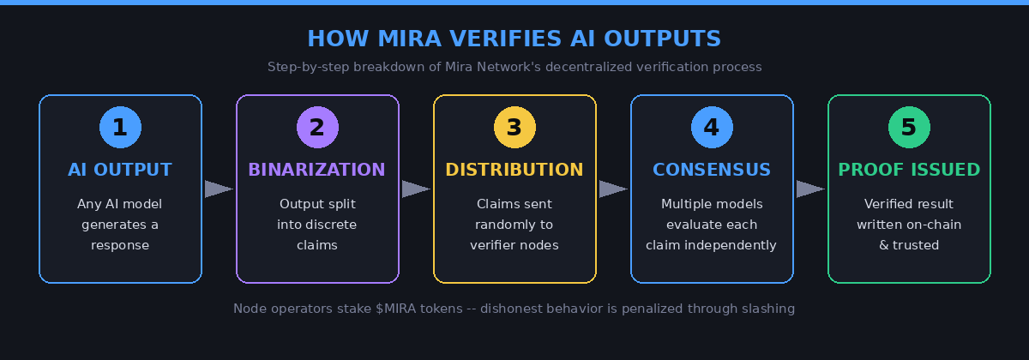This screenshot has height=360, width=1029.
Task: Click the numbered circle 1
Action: (120, 128)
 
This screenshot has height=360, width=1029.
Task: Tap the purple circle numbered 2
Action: (317, 128)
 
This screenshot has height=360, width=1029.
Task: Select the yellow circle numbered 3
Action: (514, 128)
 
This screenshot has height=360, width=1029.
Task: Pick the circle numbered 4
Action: (712, 128)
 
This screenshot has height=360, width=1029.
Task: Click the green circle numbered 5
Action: (909, 128)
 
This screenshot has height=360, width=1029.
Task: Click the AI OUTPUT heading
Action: (120, 170)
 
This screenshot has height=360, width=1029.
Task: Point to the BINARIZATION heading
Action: (317, 170)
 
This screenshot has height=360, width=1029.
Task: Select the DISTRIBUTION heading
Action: (514, 170)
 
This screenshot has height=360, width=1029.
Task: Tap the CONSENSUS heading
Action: (712, 170)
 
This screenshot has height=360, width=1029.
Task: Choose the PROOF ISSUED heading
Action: (909, 170)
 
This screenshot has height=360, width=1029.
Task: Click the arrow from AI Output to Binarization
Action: (219, 189)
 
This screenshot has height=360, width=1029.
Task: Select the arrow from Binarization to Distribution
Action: (416, 189)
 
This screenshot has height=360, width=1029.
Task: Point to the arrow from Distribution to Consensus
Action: (613, 189)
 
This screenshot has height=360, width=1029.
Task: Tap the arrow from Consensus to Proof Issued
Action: (810, 189)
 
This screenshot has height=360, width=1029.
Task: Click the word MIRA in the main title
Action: (395, 39)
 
